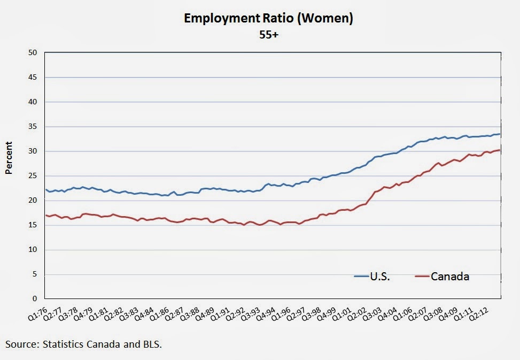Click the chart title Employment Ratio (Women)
click(268, 18)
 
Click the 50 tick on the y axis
click(33, 52)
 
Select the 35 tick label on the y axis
click(33, 127)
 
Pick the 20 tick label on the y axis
click(33, 201)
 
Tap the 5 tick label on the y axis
click(35, 274)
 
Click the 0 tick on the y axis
click(35, 299)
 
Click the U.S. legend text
click(380, 277)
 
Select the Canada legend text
click(450, 277)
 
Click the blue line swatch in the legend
click(361, 277)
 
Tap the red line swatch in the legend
click(422, 277)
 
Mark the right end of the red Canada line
click(500, 150)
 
